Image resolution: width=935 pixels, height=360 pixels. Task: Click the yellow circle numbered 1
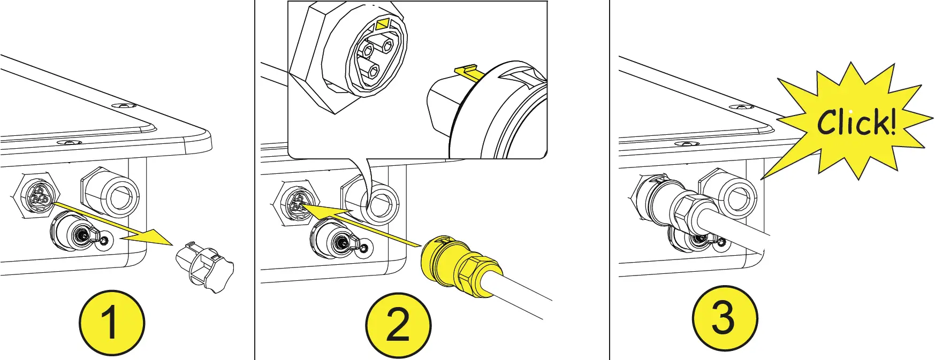112,323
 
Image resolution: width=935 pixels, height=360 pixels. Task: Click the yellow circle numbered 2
398,325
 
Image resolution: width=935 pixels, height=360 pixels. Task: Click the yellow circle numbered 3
725,318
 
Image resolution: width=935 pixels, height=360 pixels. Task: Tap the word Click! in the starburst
856,122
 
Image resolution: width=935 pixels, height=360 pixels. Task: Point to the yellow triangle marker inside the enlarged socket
383,25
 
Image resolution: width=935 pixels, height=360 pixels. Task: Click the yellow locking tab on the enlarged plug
466,71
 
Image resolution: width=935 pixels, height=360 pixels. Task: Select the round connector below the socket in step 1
80,234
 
